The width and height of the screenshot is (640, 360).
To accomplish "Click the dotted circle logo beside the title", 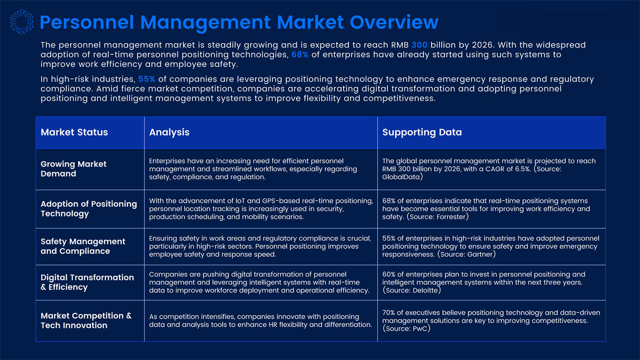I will pyautogui.click(x=22, y=22).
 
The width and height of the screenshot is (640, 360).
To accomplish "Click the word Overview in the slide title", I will pyautogui.click(x=394, y=22).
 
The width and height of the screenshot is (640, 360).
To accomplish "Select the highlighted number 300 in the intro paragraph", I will pyautogui.click(x=419, y=45).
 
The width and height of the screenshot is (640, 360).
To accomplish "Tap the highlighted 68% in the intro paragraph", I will pyautogui.click(x=300, y=55).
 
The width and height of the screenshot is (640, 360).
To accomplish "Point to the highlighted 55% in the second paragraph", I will pyautogui.click(x=147, y=79).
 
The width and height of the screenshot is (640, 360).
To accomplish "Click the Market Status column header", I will pyautogui.click(x=74, y=132).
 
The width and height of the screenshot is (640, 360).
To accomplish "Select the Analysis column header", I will pyautogui.click(x=169, y=132).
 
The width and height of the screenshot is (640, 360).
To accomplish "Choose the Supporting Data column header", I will pyautogui.click(x=422, y=132).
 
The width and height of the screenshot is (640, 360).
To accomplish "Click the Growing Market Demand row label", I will pyautogui.click(x=73, y=169).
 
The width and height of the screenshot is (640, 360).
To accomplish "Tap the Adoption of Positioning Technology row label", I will pyautogui.click(x=88, y=208).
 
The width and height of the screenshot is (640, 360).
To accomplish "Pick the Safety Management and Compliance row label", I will pyautogui.click(x=83, y=246).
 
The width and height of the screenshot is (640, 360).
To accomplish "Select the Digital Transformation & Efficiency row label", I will pyautogui.click(x=87, y=282).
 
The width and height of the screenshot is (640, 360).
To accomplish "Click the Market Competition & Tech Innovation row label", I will pyautogui.click(x=86, y=320).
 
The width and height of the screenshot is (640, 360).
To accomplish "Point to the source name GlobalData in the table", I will pyautogui.click(x=401, y=177).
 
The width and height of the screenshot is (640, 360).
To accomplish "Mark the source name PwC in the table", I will pyautogui.click(x=417, y=329).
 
